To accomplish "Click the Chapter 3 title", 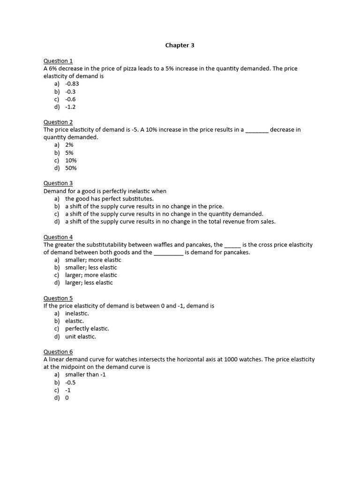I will coord(180,45).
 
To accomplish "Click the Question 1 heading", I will coord(58,61).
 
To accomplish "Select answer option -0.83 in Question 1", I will coord(72,84).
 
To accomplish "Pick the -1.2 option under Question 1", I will coord(70,107).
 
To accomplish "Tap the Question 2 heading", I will coord(58,122).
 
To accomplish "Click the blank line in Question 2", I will coord(257,130).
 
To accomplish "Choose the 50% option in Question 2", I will coord(71,168).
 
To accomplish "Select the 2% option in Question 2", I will coord(69,145).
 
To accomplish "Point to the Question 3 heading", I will coord(58,183).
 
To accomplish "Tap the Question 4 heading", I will coord(58,237).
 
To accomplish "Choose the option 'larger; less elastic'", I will coord(89,283).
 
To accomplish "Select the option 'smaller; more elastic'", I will coord(93,260).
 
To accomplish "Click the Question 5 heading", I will coord(58,298).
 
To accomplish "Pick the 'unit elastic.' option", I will coord(81,337).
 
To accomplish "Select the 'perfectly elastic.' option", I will coord(87,329).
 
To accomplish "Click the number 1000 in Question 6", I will coord(231,360).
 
